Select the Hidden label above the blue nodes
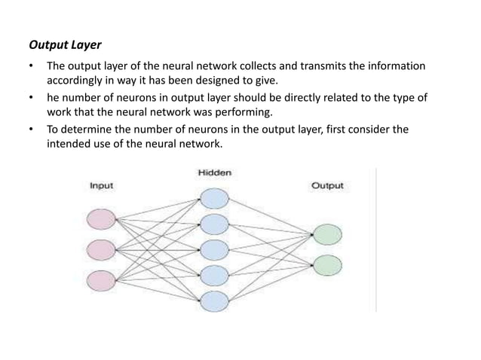click(x=214, y=172)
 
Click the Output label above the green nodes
click(x=327, y=186)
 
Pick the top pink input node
click(x=102, y=219)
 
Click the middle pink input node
click(x=102, y=249)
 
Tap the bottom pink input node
click(x=102, y=279)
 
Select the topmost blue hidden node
click(x=214, y=197)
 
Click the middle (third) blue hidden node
click(x=214, y=249)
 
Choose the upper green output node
click(x=327, y=234)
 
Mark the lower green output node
click(x=327, y=264)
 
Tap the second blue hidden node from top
click(x=214, y=223)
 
